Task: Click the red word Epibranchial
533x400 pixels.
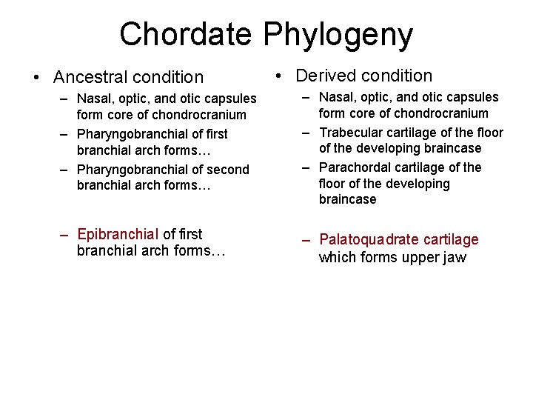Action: click(118, 235)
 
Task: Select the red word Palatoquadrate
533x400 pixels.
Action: click(366, 240)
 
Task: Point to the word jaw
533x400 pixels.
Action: click(455, 257)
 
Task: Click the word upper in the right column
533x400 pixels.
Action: click(423, 258)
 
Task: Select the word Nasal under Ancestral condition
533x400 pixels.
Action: click(95, 99)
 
